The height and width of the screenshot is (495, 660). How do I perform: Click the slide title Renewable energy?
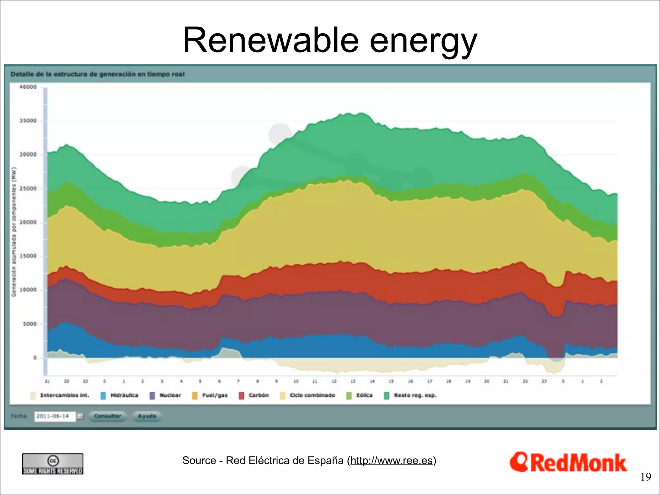pos(330,40)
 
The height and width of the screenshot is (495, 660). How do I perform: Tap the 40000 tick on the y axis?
pos(28,87)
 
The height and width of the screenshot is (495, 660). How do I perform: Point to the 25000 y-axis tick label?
pos(28,189)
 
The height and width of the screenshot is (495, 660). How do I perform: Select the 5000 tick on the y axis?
pos(30,324)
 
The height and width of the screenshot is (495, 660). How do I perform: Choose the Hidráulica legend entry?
pos(120,395)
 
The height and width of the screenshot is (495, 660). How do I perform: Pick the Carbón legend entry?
pos(255,395)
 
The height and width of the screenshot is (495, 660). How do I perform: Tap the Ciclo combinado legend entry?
pos(308,395)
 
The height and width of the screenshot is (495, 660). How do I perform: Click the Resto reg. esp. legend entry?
pos(411,395)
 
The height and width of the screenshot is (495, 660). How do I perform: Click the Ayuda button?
pos(147,416)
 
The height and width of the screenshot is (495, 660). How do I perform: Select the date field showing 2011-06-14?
pos(54,416)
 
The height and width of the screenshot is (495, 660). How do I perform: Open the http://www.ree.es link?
pos(391,461)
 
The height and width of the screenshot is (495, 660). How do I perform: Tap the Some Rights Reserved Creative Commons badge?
pos(53,464)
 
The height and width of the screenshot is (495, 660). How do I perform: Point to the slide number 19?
pos(646,477)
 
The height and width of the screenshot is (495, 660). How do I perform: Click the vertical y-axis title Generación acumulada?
pos(14,232)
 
